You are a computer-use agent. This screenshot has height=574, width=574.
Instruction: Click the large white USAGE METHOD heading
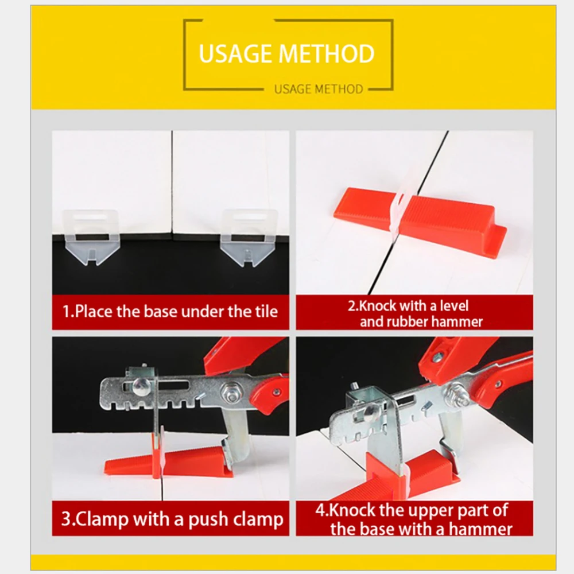pyautogui.click(x=286, y=53)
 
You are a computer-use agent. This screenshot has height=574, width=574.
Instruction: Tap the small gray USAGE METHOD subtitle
pyautogui.click(x=319, y=89)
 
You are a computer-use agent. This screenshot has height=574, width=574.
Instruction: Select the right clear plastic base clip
pyautogui.click(x=249, y=237)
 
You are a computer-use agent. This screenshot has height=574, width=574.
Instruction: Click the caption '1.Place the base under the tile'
pyautogui.click(x=170, y=312)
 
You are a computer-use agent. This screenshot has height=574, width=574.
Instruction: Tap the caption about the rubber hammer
pyautogui.click(x=415, y=314)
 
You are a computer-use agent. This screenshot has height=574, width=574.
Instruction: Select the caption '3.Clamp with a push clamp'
pyautogui.click(x=172, y=519)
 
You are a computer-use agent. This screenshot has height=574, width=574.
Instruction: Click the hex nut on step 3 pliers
pyautogui.click(x=229, y=393)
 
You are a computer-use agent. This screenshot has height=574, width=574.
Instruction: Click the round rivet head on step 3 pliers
pyautogui.click(x=141, y=386)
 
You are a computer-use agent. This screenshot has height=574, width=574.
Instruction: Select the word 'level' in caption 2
pyautogui.click(x=454, y=306)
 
